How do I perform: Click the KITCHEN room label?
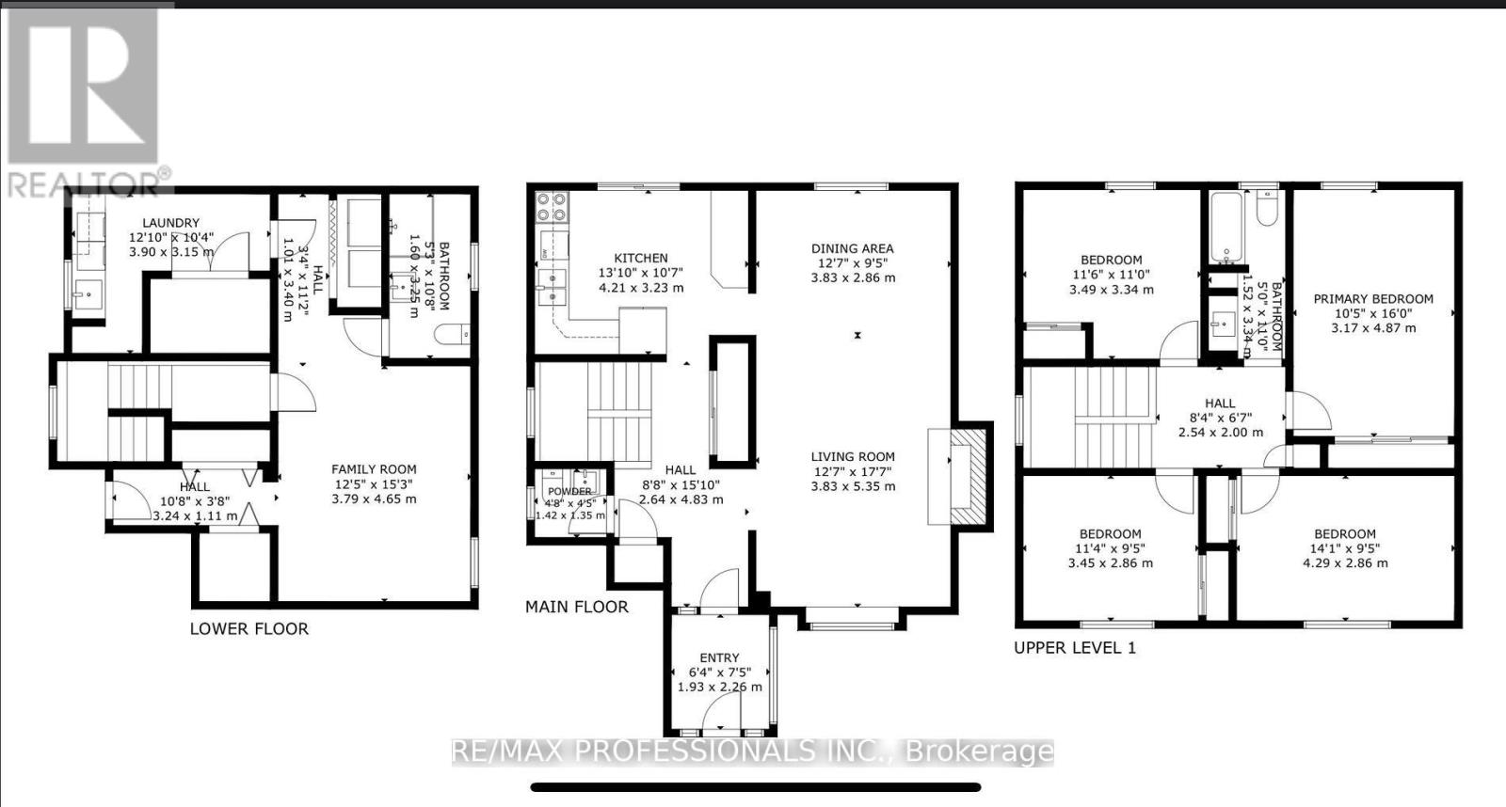click(641, 258)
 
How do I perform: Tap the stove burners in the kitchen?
click(550, 207)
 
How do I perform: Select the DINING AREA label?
click(853, 249)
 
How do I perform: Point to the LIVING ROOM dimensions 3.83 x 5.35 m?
click(853, 486)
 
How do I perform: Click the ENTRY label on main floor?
click(720, 657)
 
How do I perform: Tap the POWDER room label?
click(569, 491)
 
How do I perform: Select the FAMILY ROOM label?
click(374, 469)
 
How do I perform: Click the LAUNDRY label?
click(171, 223)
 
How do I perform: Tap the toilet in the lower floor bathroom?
click(454, 334)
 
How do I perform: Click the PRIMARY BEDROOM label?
click(1373, 299)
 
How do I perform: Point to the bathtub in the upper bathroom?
click(1226, 228)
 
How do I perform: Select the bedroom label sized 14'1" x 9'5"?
click(1345, 533)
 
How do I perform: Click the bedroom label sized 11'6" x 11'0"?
click(1112, 260)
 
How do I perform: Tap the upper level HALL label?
click(1220, 403)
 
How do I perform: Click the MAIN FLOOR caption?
click(576, 607)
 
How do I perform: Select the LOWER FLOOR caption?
click(249, 628)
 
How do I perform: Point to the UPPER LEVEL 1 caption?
click(1074, 647)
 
